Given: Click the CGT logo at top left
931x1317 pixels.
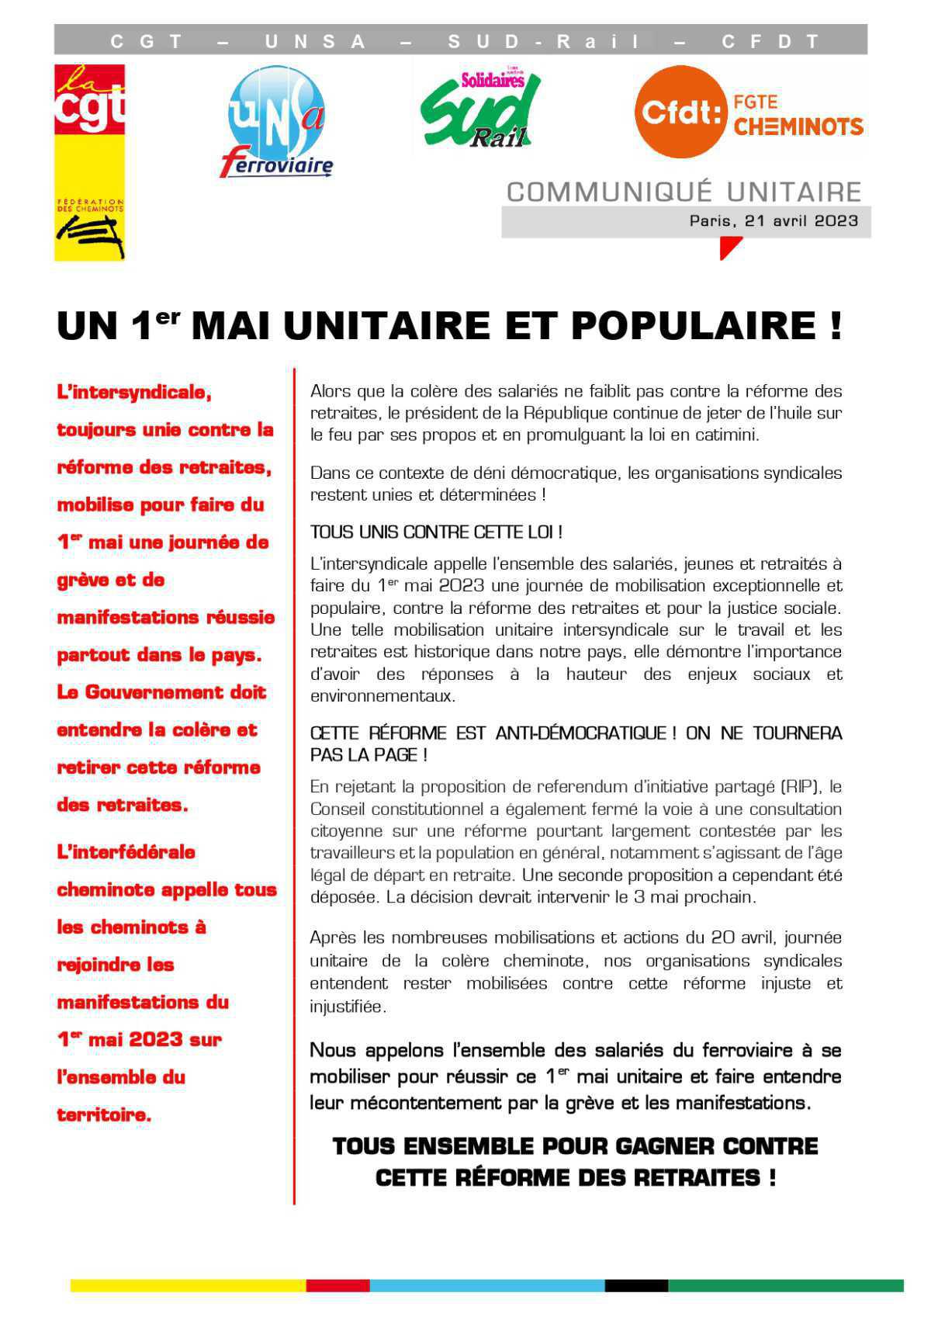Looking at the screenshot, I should (x=89, y=161).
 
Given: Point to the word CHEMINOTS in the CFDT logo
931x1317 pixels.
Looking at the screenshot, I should (x=798, y=127).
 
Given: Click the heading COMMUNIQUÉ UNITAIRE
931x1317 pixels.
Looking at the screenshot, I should (x=684, y=192).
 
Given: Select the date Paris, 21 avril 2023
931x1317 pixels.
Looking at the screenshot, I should (x=774, y=221).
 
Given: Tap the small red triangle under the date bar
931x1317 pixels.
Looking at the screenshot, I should (x=729, y=247).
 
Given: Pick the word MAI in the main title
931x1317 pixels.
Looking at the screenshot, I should (x=231, y=326).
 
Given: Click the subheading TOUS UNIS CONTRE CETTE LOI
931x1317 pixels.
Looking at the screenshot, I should (x=436, y=532).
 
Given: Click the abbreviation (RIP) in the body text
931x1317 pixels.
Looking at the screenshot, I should (x=801, y=787).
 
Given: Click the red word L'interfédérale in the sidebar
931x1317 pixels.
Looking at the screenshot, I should (x=126, y=852).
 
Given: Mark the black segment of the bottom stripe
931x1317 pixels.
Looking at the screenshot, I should (x=635, y=1286).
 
